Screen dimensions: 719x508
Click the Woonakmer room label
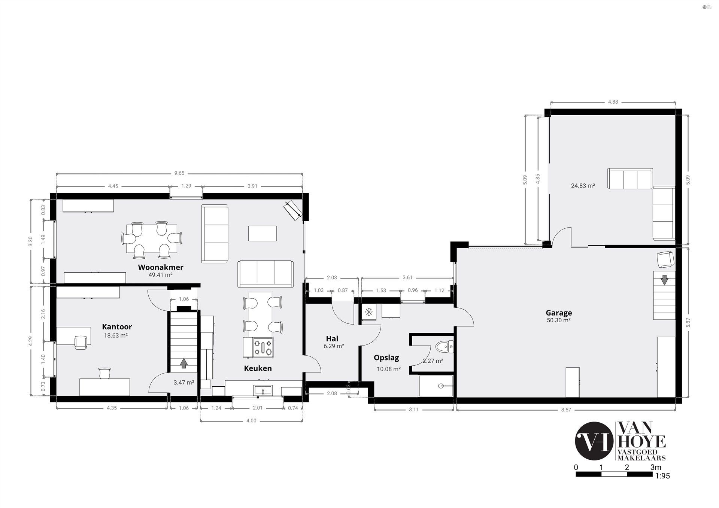pyautogui.click(x=161, y=267)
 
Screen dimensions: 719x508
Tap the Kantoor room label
pyautogui.click(x=117, y=327)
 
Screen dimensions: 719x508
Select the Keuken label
pyautogui.click(x=258, y=368)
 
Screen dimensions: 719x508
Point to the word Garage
pyautogui.click(x=559, y=313)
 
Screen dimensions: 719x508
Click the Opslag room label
pyautogui.click(x=386, y=358)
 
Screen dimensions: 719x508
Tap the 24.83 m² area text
pyautogui.click(x=583, y=185)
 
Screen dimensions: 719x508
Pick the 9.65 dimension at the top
pyautogui.click(x=179, y=173)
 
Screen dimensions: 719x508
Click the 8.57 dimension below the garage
pyautogui.click(x=566, y=410)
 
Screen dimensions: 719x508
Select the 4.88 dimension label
pyautogui.click(x=613, y=102)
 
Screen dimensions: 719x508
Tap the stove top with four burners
pyautogui.click(x=263, y=347)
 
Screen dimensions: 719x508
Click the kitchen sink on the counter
pyautogui.click(x=263, y=390)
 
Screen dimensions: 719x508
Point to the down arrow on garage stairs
pyautogui.click(x=664, y=280)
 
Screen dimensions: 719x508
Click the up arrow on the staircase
pyautogui.click(x=183, y=363)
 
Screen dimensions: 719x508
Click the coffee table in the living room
pyautogui.click(x=263, y=233)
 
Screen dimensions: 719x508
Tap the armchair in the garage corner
pyautogui.click(x=666, y=259)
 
